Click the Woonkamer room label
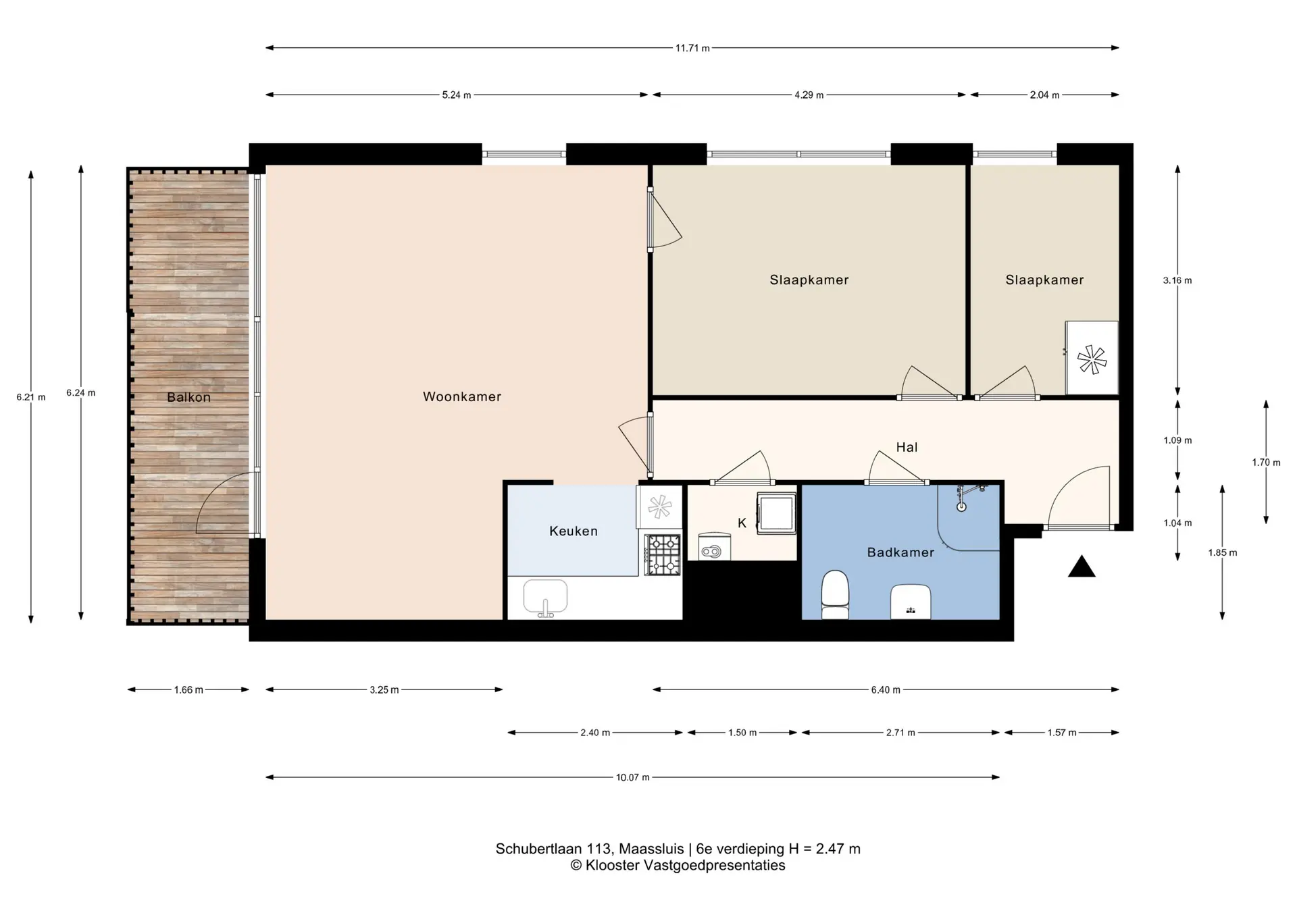462,397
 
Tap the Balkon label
189,397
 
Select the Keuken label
574,531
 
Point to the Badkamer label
900,552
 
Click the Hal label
907,447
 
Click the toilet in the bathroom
835,594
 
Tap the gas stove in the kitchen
662,554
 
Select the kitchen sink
546,598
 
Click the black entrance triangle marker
1082,567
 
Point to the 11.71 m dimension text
692,48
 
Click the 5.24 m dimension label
457,95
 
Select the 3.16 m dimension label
1177,280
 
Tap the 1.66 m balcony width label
188,690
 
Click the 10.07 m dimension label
633,778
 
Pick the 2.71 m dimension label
900,733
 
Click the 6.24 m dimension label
81,393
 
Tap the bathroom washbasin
911,602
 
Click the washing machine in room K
777,513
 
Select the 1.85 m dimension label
1223,552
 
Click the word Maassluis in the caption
651,849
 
